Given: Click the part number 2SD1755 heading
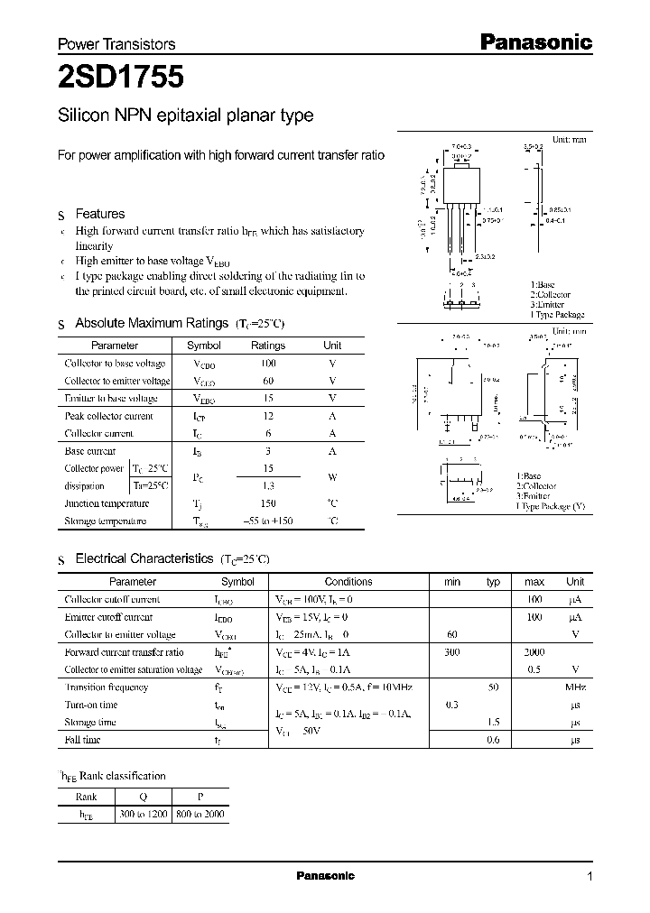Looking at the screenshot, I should (121, 78).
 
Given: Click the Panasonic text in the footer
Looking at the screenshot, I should (326, 876).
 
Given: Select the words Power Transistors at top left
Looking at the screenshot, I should (116, 43).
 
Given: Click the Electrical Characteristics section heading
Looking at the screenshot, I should (144, 559).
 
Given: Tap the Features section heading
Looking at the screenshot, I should (99, 214).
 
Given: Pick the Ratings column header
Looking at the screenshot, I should (268, 346).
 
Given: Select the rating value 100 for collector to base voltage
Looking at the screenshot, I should (268, 364).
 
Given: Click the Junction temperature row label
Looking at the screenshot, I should (107, 503).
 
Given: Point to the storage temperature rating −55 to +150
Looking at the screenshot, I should (268, 521).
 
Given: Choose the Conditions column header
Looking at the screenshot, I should (348, 582).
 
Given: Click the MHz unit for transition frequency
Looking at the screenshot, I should (575, 687).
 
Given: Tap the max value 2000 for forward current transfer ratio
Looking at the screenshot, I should (534, 652).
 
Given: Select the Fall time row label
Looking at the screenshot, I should (82, 740).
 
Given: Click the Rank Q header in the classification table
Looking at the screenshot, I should (144, 797).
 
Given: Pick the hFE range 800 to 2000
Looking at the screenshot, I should (200, 814).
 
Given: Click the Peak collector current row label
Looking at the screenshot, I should (109, 416).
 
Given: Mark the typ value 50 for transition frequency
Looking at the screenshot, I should (493, 687).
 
